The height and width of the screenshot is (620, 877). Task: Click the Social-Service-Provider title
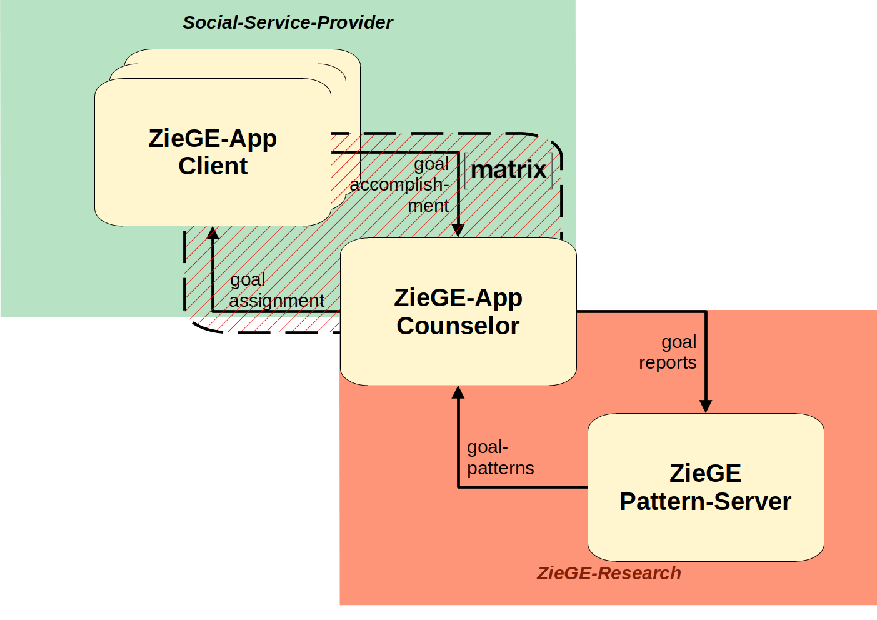288,22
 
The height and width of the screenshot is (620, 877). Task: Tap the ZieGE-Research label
609,573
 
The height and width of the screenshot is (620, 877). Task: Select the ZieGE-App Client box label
213,152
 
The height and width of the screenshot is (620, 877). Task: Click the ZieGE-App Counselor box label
458,311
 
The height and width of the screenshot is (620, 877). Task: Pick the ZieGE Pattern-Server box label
705,487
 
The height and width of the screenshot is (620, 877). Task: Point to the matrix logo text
508,169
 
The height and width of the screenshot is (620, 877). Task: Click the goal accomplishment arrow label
400,184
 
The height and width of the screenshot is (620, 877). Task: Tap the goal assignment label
276,290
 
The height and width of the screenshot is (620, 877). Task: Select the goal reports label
668,352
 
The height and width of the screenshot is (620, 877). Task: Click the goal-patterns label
500,457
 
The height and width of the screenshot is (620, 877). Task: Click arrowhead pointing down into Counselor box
458,231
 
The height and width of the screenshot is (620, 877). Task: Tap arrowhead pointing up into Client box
213,234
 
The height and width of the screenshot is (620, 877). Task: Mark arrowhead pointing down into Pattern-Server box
706,406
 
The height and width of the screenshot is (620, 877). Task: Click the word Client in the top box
213,166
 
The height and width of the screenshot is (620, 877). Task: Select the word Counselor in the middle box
458,326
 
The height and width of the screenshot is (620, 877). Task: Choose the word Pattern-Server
705,501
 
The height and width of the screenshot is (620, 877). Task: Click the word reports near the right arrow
668,362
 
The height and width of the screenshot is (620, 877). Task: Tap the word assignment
276,301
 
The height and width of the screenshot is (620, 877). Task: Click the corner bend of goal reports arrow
706,311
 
